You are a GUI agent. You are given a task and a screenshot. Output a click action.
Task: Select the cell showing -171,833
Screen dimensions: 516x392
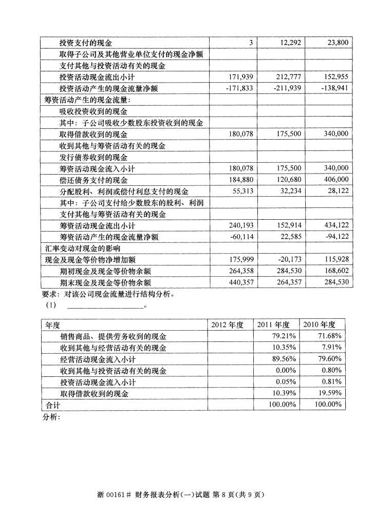point(239,88)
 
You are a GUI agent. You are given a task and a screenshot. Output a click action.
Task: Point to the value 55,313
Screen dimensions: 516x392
point(242,191)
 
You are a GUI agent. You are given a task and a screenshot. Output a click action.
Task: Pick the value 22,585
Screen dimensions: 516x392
point(291,236)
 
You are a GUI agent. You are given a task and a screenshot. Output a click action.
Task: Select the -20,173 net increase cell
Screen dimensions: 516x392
point(289,259)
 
